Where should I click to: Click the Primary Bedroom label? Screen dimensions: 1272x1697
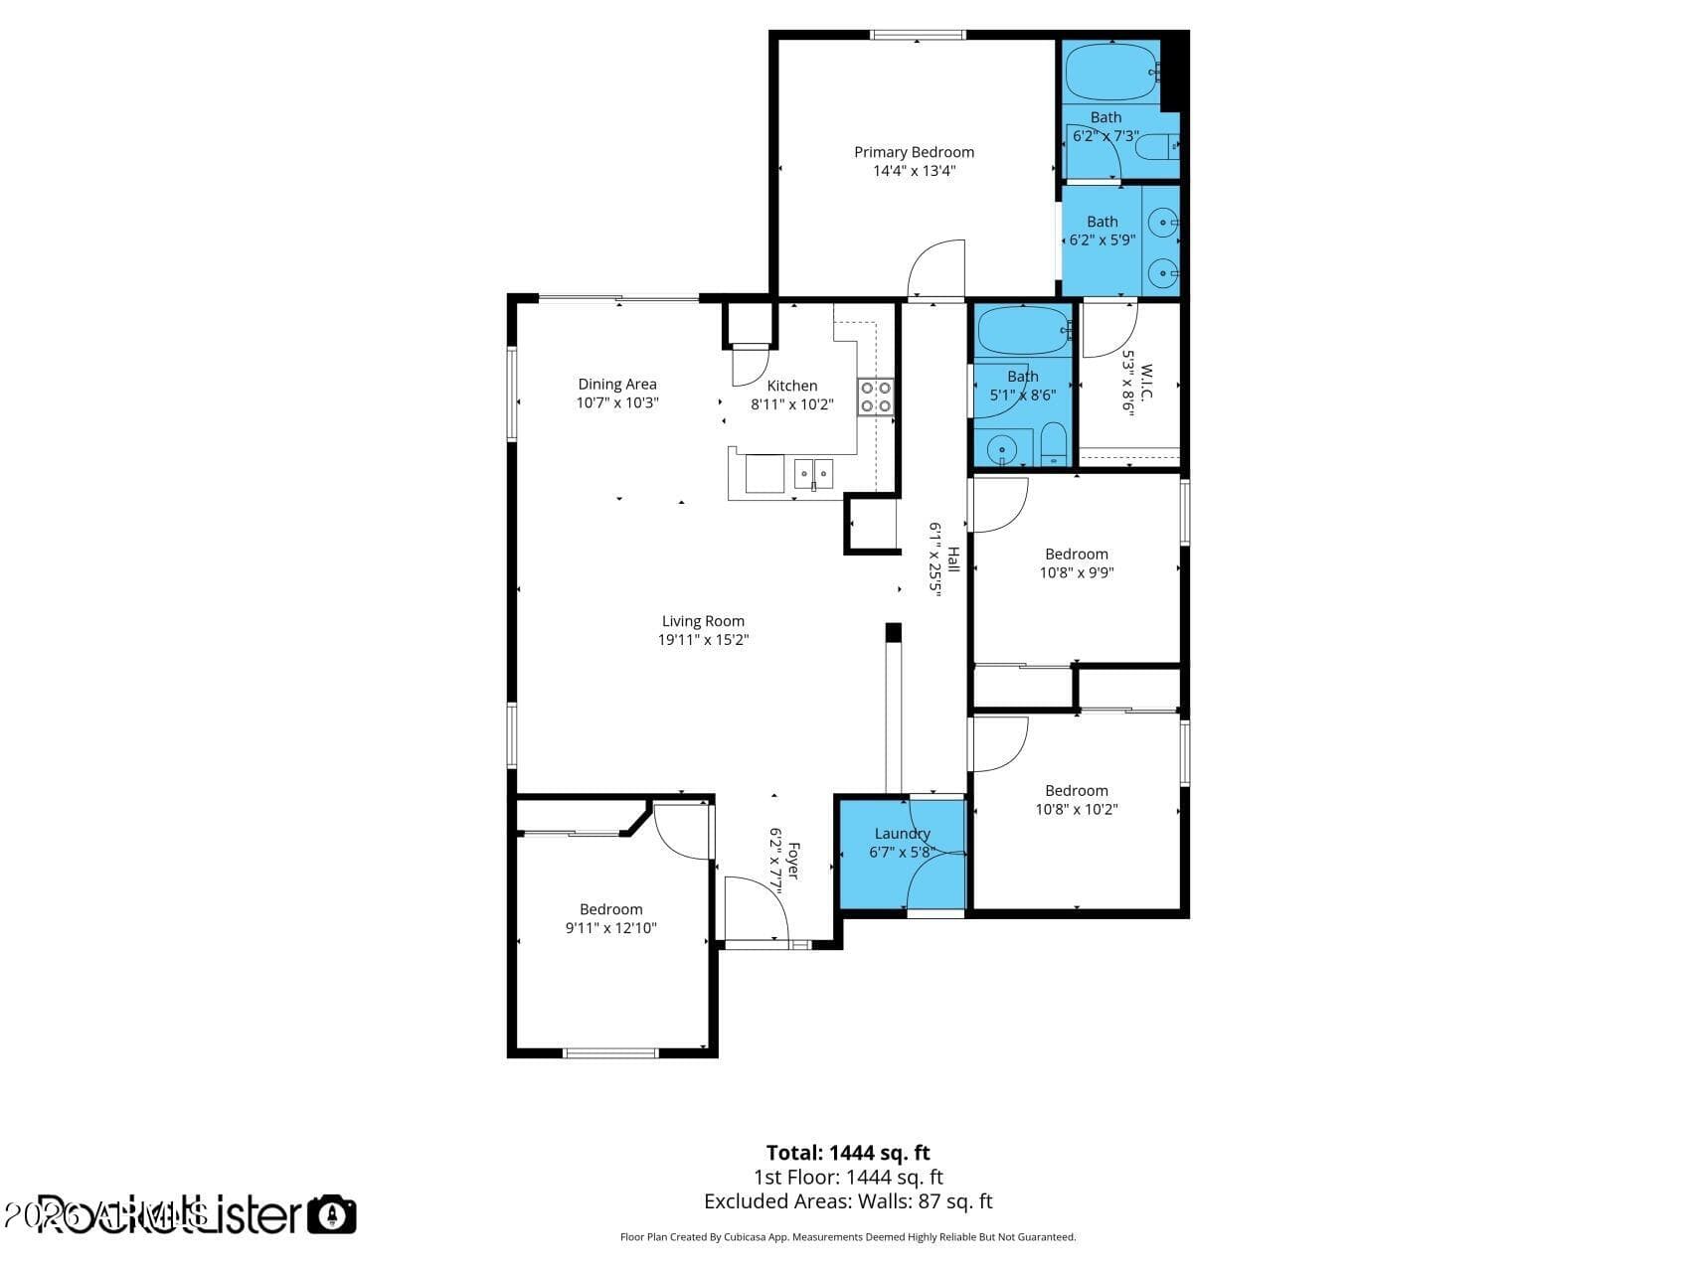point(914,152)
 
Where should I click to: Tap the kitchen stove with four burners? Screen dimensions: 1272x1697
point(876,397)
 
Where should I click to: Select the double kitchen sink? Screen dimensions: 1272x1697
point(813,473)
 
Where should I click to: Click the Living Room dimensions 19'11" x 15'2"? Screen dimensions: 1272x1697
point(703,640)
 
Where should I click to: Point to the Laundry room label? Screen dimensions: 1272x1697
point(902,833)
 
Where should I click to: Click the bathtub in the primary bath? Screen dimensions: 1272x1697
point(1111,69)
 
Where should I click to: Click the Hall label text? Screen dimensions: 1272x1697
point(953,559)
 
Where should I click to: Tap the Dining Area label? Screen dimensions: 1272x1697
point(617,384)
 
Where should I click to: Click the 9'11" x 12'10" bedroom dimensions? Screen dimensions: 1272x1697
point(610,928)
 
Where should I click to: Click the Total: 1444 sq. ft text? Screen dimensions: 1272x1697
point(848,1153)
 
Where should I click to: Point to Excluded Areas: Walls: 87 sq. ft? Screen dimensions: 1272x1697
point(848,1201)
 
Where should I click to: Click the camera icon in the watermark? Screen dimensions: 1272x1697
point(331,1214)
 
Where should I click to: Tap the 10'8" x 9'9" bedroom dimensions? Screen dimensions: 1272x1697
point(1076,572)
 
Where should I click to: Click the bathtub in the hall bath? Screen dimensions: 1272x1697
point(1023,331)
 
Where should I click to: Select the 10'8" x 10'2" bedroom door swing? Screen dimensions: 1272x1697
point(998,743)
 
